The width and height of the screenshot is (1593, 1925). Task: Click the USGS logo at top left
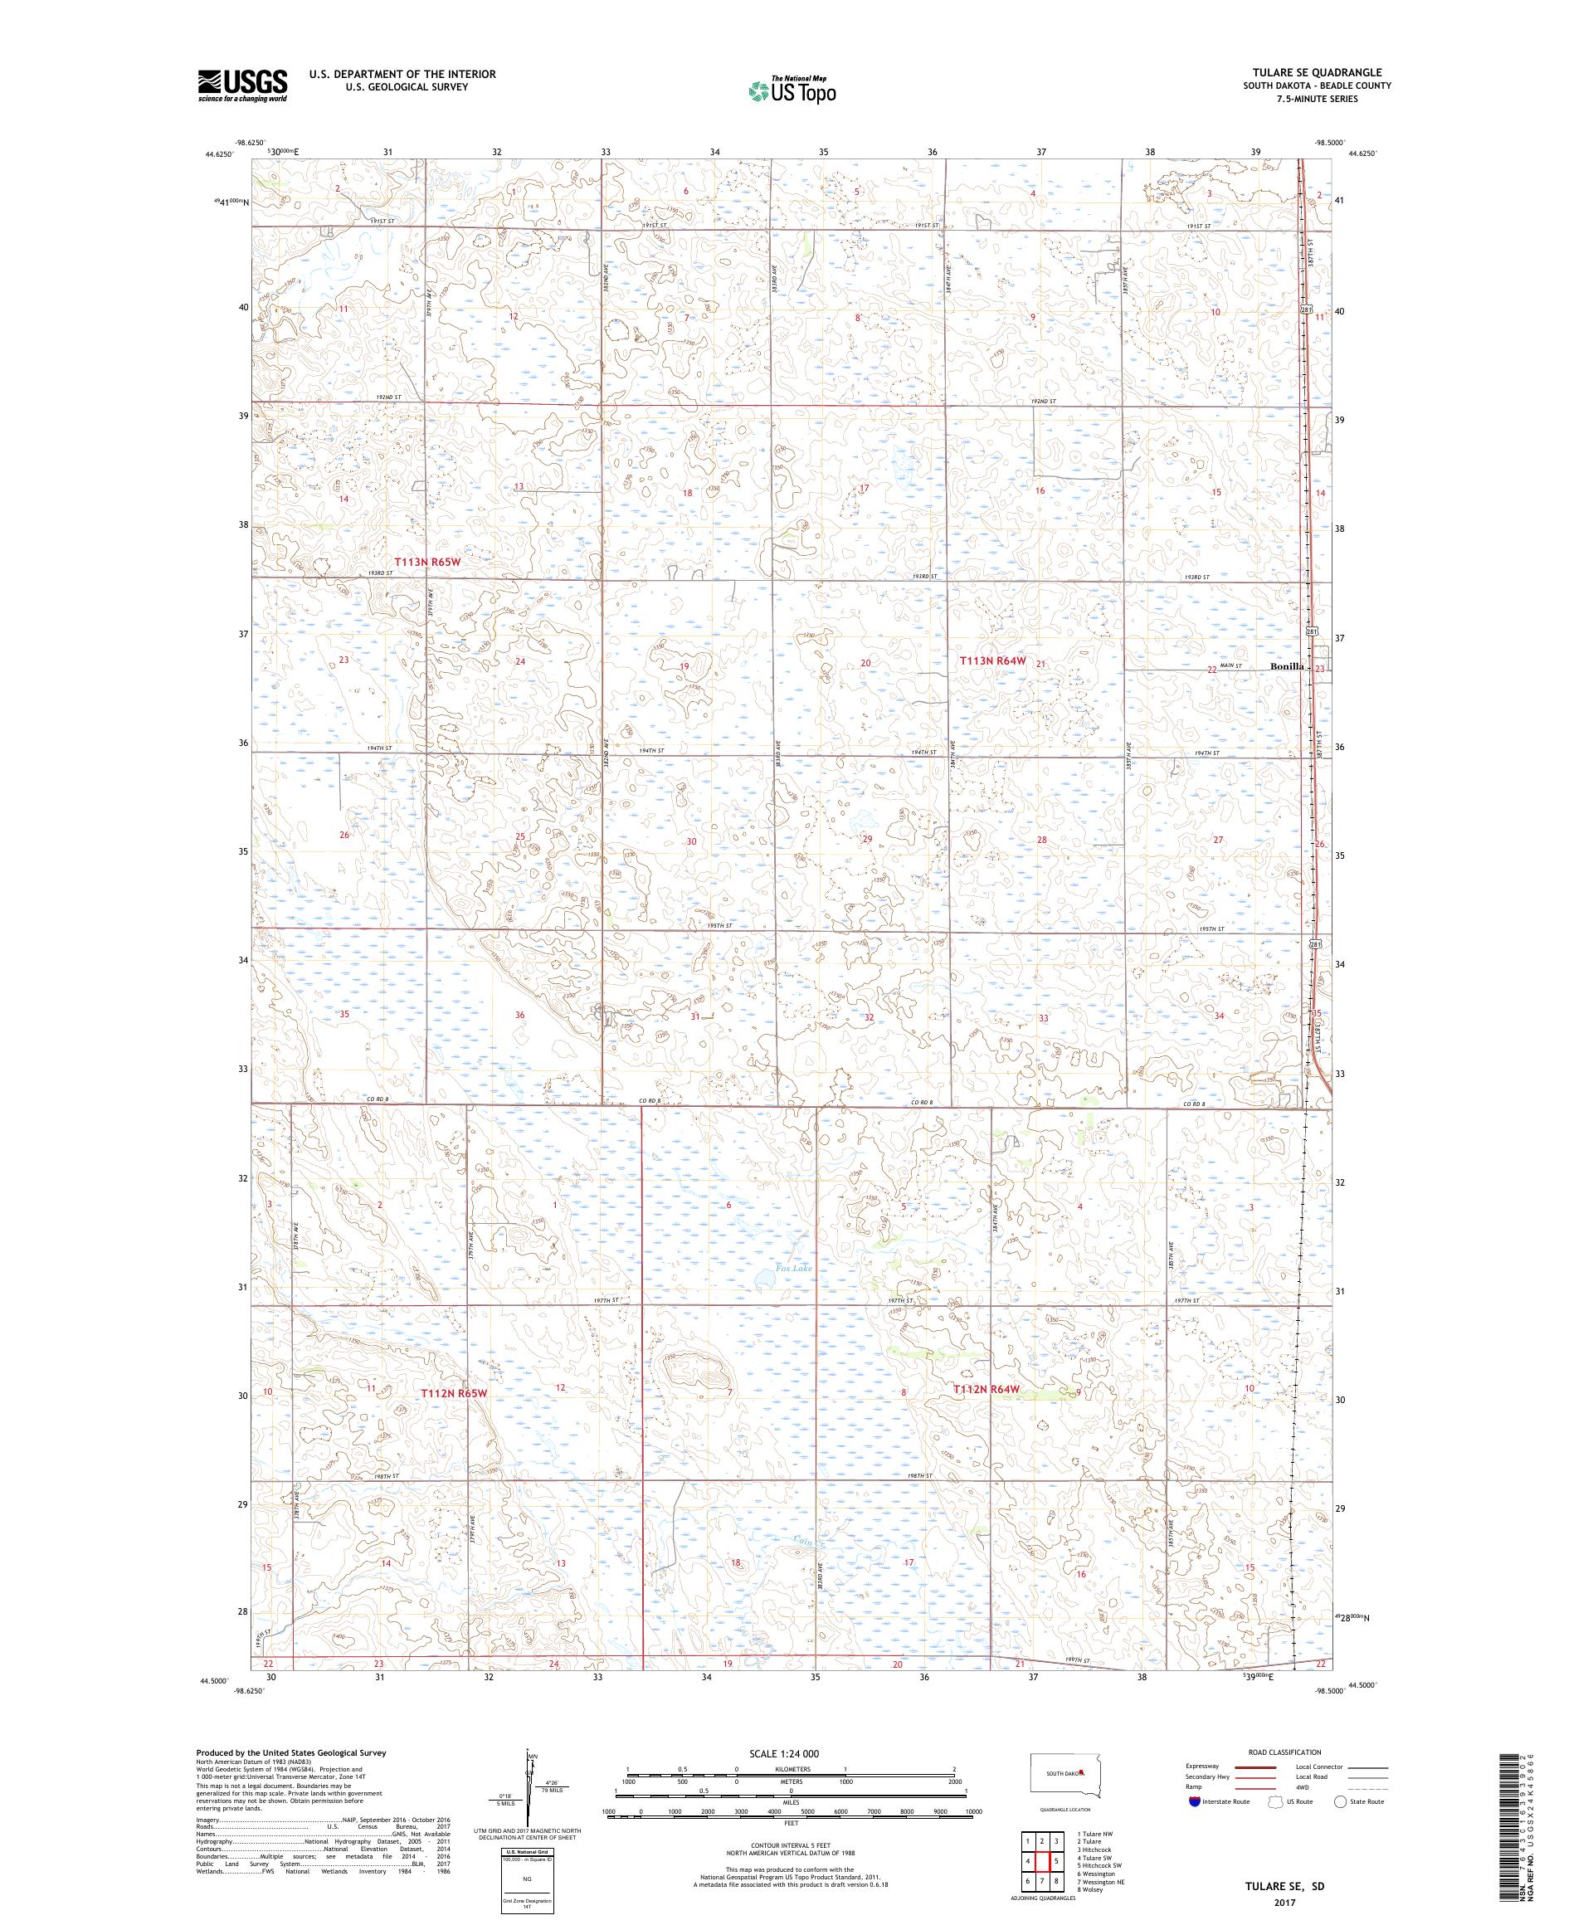[243, 86]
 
